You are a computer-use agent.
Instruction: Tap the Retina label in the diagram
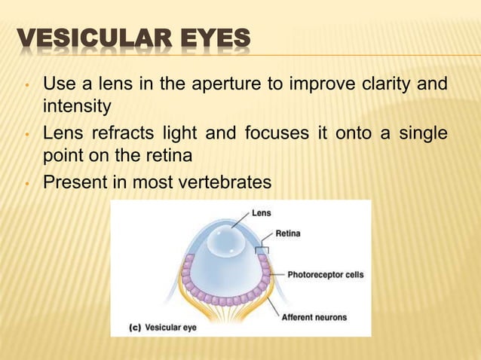click(x=288, y=233)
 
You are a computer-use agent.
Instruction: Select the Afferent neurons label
click(x=314, y=317)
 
